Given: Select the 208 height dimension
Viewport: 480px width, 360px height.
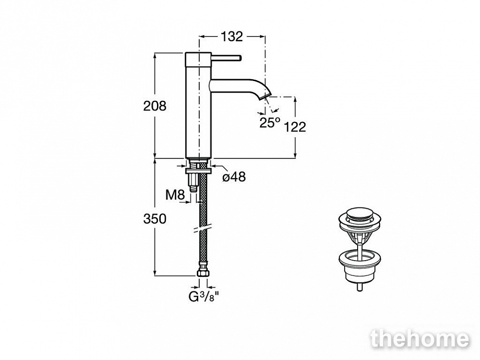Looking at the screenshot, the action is (155, 106).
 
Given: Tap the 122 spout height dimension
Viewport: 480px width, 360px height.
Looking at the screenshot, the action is (295, 127).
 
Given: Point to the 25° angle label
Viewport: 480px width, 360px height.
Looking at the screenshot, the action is (270, 122).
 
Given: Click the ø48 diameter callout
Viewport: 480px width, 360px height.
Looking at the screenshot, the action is (234, 177).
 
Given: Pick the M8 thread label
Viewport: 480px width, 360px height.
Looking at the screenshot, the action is (175, 195).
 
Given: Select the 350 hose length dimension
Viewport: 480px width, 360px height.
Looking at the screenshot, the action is (155, 218).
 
